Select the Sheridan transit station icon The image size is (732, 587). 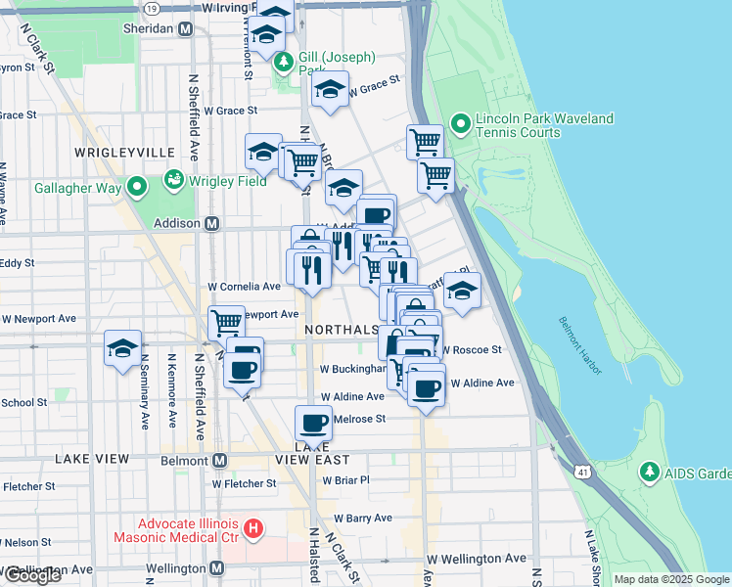click(x=185, y=29)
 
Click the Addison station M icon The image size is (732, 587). click(x=211, y=223)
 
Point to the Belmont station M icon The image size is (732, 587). click(x=219, y=460)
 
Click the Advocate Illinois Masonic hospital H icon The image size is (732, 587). click(x=253, y=529)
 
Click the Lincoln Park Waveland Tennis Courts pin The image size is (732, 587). click(x=460, y=125)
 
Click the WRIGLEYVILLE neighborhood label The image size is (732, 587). click(x=123, y=153)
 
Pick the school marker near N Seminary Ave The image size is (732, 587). click(x=123, y=349)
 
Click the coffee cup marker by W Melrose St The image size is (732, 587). click(x=313, y=423)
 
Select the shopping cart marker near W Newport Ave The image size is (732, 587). click(x=226, y=321)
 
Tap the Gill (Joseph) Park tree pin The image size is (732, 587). click(x=284, y=64)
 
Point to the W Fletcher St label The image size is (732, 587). click(x=244, y=483)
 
